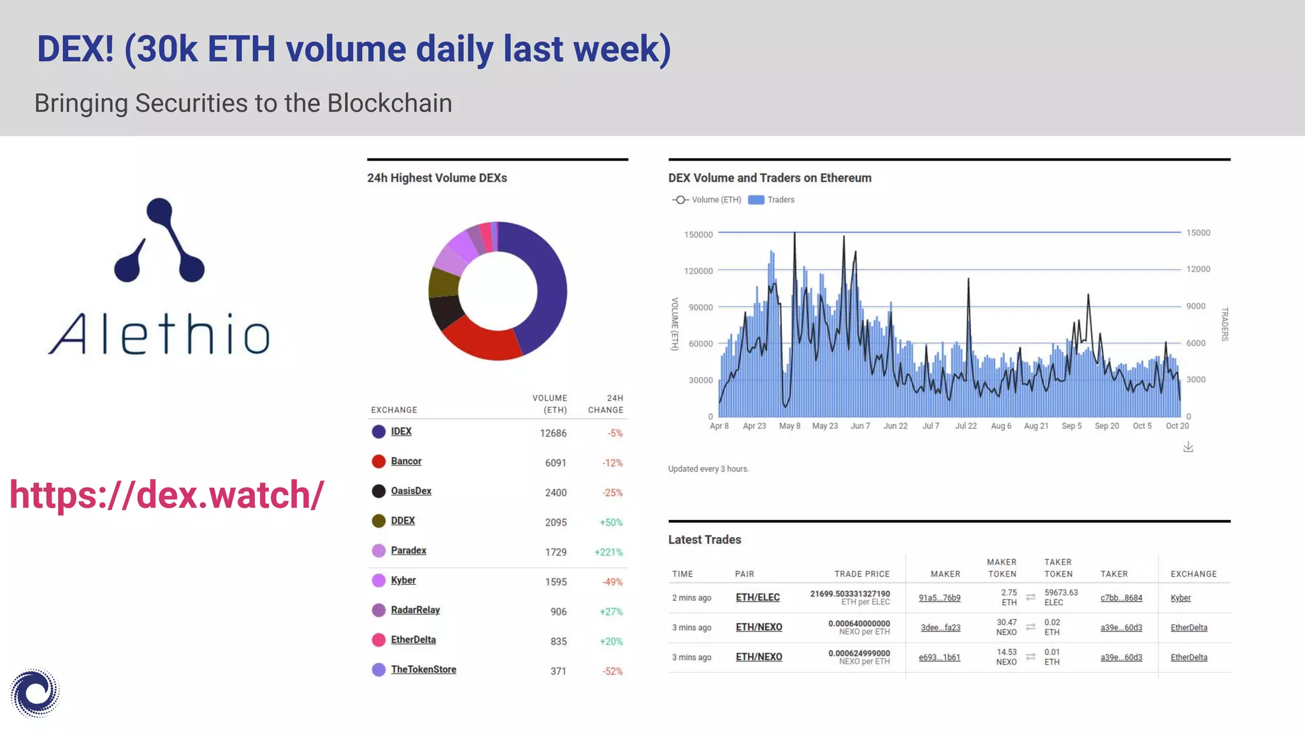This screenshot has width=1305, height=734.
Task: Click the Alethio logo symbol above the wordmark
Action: click(159, 241)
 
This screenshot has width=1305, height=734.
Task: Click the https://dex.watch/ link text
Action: click(167, 495)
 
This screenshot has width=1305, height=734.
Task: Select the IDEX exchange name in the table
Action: click(401, 431)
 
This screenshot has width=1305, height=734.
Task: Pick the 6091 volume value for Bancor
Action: click(555, 463)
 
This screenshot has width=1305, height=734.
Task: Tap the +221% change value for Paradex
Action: click(608, 552)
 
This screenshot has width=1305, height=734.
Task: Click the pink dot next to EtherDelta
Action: click(379, 640)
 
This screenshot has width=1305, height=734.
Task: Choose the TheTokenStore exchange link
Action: click(423, 670)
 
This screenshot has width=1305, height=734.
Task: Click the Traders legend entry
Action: click(772, 200)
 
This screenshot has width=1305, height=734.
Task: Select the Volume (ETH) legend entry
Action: click(707, 200)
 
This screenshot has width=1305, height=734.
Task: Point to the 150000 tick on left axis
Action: click(698, 235)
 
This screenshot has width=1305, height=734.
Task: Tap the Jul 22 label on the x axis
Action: click(965, 426)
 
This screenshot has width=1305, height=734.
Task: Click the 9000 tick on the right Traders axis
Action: click(1195, 306)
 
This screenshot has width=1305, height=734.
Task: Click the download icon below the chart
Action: click(1188, 447)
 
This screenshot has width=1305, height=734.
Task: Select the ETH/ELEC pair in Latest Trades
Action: click(758, 598)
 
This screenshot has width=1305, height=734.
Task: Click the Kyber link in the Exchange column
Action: click(1180, 598)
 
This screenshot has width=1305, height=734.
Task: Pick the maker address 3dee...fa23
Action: click(940, 628)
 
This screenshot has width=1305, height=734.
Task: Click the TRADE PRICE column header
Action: click(862, 574)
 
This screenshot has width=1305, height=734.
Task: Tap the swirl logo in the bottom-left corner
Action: click(35, 693)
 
